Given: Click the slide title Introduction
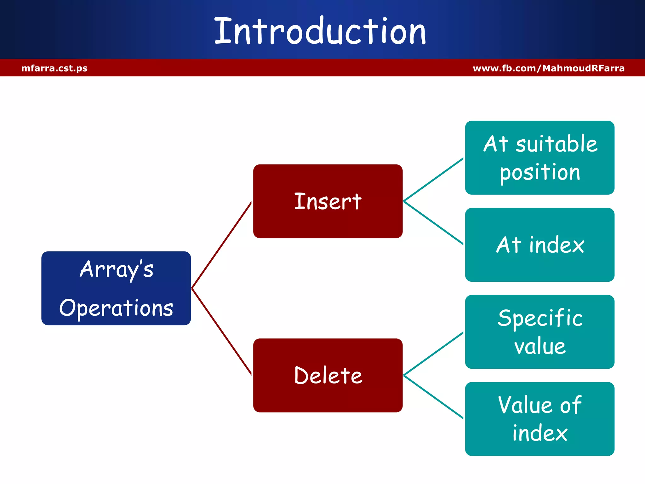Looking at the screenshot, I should click(320, 31).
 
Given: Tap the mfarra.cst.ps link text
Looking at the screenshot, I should click(54, 68).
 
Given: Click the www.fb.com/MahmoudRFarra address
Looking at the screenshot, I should click(548, 68).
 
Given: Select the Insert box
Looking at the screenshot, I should click(328, 201).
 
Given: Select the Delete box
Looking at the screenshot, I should click(328, 375).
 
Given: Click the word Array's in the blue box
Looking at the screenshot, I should click(117, 269).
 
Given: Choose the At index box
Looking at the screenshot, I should click(539, 245).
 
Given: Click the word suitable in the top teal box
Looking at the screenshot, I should click(556, 144).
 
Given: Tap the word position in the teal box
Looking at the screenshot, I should click(539, 173).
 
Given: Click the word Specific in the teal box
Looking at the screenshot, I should click(539, 318).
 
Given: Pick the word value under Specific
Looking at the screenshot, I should click(539, 346).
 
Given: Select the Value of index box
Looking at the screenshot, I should click(539, 419).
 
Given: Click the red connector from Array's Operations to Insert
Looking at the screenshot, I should click(221, 245).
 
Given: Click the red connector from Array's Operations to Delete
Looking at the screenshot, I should click(221, 331).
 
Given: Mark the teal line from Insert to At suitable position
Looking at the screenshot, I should click(433, 180).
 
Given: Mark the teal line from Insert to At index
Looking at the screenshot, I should click(433, 222).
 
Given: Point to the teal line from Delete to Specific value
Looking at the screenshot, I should click(433, 354).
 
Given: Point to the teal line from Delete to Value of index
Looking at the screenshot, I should click(433, 397).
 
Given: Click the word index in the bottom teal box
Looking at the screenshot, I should click(539, 433).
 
